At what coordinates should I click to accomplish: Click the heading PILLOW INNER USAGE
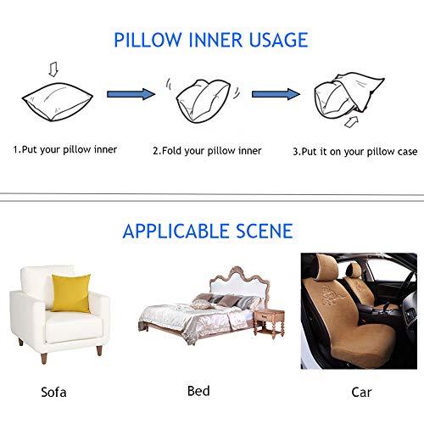[210, 40]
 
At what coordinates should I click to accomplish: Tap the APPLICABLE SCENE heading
[208, 232]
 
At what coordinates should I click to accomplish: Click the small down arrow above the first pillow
[53, 70]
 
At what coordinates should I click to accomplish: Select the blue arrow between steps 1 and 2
[131, 94]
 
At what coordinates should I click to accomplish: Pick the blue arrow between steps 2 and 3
[276, 94]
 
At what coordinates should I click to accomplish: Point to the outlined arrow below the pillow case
[351, 122]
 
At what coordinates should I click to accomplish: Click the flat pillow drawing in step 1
[58, 102]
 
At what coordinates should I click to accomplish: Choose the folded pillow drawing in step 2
[203, 101]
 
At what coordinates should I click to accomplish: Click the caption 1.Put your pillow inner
[65, 150]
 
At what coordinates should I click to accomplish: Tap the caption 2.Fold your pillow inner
[207, 151]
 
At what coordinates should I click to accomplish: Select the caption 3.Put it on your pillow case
[355, 152]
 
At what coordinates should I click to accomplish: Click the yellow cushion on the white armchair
[71, 293]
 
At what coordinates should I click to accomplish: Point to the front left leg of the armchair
[44, 358]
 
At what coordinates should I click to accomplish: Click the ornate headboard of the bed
[239, 285]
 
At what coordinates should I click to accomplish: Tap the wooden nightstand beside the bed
[269, 324]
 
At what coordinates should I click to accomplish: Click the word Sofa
[53, 392]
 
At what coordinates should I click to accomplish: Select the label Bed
[198, 391]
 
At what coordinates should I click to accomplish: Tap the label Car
[361, 392]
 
